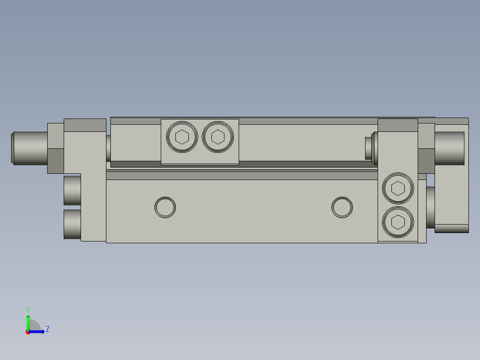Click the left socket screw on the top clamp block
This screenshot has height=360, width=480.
(x=182, y=137)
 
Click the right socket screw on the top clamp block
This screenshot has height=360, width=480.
(x=218, y=137)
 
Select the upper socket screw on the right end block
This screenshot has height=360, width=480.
(x=398, y=188)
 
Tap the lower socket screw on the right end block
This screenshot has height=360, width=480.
(x=398, y=221)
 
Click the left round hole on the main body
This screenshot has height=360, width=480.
(x=165, y=207)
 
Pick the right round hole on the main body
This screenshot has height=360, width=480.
(x=342, y=207)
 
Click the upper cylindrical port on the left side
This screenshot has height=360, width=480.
(x=72, y=190)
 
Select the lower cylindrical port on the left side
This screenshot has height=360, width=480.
(x=72, y=224)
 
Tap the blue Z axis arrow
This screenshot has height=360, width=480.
(x=37, y=331)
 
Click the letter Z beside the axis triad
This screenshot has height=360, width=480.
(x=47, y=329)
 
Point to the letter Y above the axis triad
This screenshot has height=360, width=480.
(x=28, y=309)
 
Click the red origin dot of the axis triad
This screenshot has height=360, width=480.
(x=28, y=332)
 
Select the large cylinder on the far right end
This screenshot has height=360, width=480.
(x=449, y=148)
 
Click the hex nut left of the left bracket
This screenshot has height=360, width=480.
(x=56, y=148)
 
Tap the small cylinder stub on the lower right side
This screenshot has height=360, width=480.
(x=430, y=207)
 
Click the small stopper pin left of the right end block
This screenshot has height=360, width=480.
(x=369, y=148)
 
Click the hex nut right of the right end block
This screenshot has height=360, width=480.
(x=426, y=148)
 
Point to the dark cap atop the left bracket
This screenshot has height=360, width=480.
(x=85, y=125)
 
